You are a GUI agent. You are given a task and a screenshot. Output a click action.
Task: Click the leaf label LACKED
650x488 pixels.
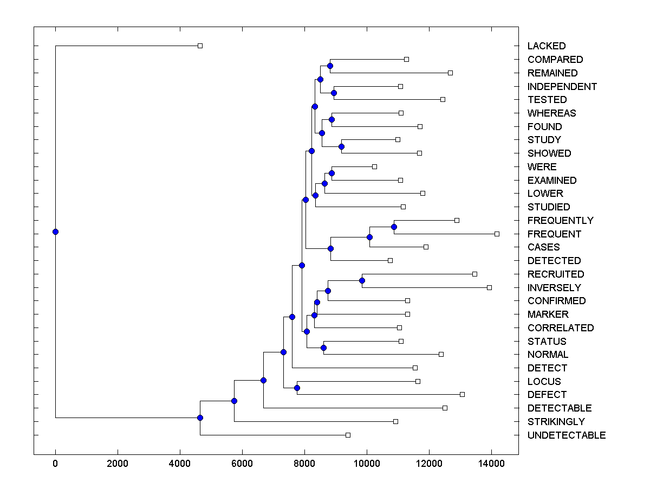click(547, 46)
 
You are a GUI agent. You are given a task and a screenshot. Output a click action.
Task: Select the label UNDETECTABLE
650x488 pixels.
click(566, 435)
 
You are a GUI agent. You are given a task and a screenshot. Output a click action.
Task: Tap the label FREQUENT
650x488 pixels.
click(554, 234)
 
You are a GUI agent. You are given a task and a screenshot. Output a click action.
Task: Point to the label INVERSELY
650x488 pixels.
click(554, 288)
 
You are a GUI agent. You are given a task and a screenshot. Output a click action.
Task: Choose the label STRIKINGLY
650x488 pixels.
click(556, 422)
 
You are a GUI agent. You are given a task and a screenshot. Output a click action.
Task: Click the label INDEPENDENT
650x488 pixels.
click(562, 87)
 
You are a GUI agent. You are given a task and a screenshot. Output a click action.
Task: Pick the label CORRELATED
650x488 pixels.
click(561, 328)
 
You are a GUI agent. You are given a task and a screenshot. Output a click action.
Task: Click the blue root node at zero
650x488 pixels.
click(55, 232)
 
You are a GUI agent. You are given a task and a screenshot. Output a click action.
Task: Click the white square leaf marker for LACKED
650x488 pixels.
click(200, 46)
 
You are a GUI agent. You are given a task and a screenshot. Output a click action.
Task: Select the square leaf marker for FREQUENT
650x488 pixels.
click(497, 234)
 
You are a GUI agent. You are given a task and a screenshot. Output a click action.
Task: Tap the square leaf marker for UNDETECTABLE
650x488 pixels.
click(348, 435)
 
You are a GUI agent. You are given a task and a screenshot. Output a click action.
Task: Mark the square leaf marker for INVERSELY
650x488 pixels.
click(489, 287)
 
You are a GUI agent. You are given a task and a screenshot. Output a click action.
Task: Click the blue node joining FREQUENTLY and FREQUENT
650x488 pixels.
click(394, 227)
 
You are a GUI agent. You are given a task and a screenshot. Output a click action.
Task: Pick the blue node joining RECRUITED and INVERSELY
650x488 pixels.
click(362, 280)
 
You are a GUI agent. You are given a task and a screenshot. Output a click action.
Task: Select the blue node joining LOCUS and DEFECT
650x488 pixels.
click(297, 388)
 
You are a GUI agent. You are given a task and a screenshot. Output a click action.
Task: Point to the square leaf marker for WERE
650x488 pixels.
click(374, 166)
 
